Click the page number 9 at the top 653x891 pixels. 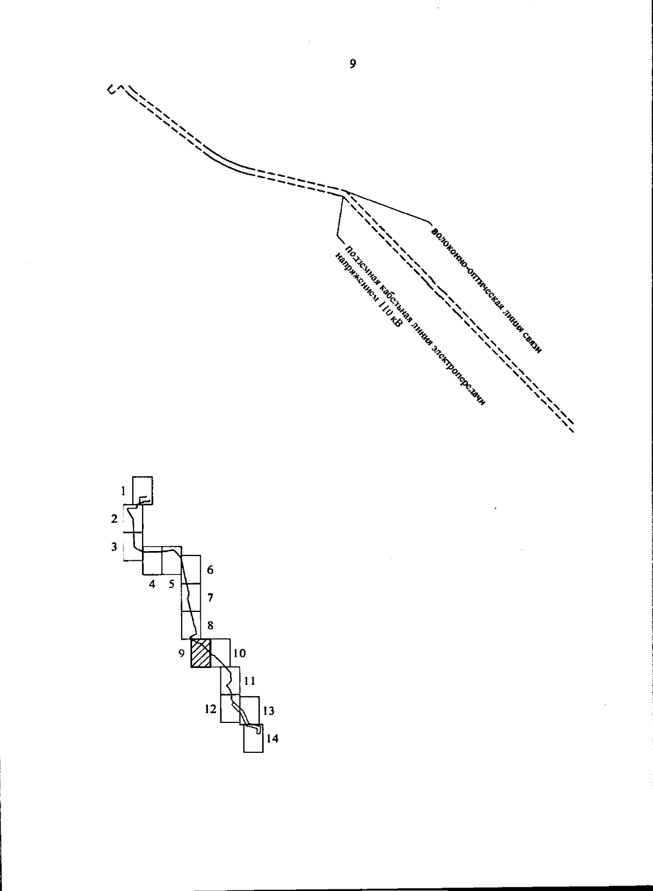point(353,64)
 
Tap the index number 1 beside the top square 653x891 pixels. point(124,491)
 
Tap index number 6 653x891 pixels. point(210,570)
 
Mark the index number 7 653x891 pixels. point(210,597)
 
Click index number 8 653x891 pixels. point(210,626)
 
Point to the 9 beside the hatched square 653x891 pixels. point(182,653)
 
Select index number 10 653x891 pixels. point(239,653)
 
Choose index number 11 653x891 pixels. point(249,682)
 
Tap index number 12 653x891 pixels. point(210,709)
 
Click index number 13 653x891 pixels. point(269,711)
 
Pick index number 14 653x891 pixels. point(272,739)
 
